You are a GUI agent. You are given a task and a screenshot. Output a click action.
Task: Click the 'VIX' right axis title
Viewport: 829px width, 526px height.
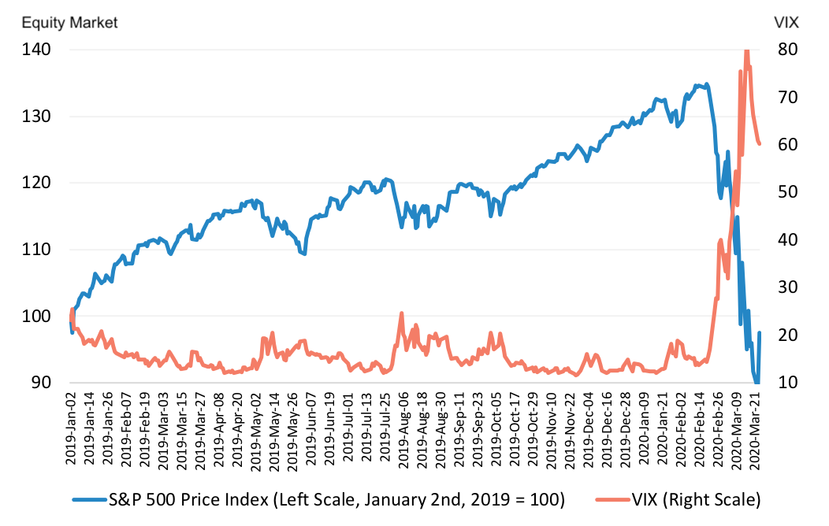pyautogui.click(x=786, y=23)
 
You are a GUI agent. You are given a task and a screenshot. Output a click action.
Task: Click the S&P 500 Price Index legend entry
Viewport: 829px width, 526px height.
pyautogui.click(x=319, y=500)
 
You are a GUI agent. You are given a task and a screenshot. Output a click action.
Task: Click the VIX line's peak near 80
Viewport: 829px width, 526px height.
pyautogui.click(x=746, y=50)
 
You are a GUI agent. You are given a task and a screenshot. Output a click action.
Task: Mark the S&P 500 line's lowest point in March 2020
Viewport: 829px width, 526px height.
pyautogui.click(x=757, y=382)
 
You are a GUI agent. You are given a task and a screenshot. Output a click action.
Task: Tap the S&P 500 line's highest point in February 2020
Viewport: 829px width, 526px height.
pyautogui.click(x=706, y=83)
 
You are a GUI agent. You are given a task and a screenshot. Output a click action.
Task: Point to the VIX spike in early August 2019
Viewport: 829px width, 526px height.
pyautogui.click(x=401, y=313)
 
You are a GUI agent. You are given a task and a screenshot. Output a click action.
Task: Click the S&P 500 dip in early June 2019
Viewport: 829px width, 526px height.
pyautogui.click(x=304, y=254)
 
